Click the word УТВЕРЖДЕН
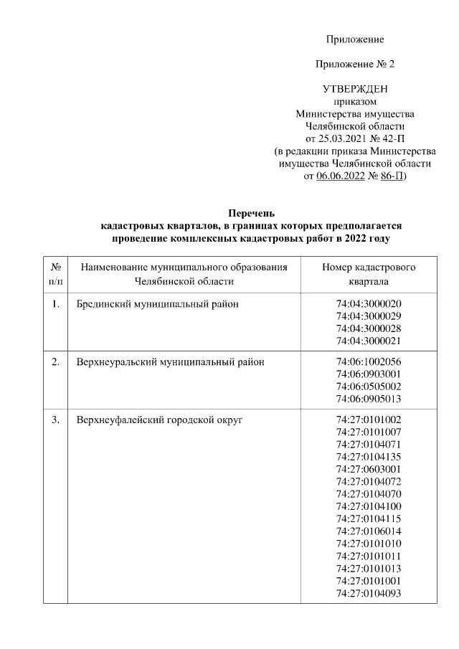tap(355, 89)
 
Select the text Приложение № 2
tap(355, 65)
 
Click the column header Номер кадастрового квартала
tap(369, 274)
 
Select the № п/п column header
tap(55, 274)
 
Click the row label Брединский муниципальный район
tap(157, 305)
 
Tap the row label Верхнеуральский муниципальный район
tap(170, 362)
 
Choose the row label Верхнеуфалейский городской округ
tap(159, 420)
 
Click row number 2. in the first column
tap(55, 362)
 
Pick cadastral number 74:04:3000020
tap(369, 305)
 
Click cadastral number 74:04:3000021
tap(369, 341)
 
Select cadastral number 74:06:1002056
tap(369, 362)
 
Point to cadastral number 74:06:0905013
tap(369, 399)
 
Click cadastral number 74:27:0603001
tap(369, 468)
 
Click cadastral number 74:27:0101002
tap(369, 420)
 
